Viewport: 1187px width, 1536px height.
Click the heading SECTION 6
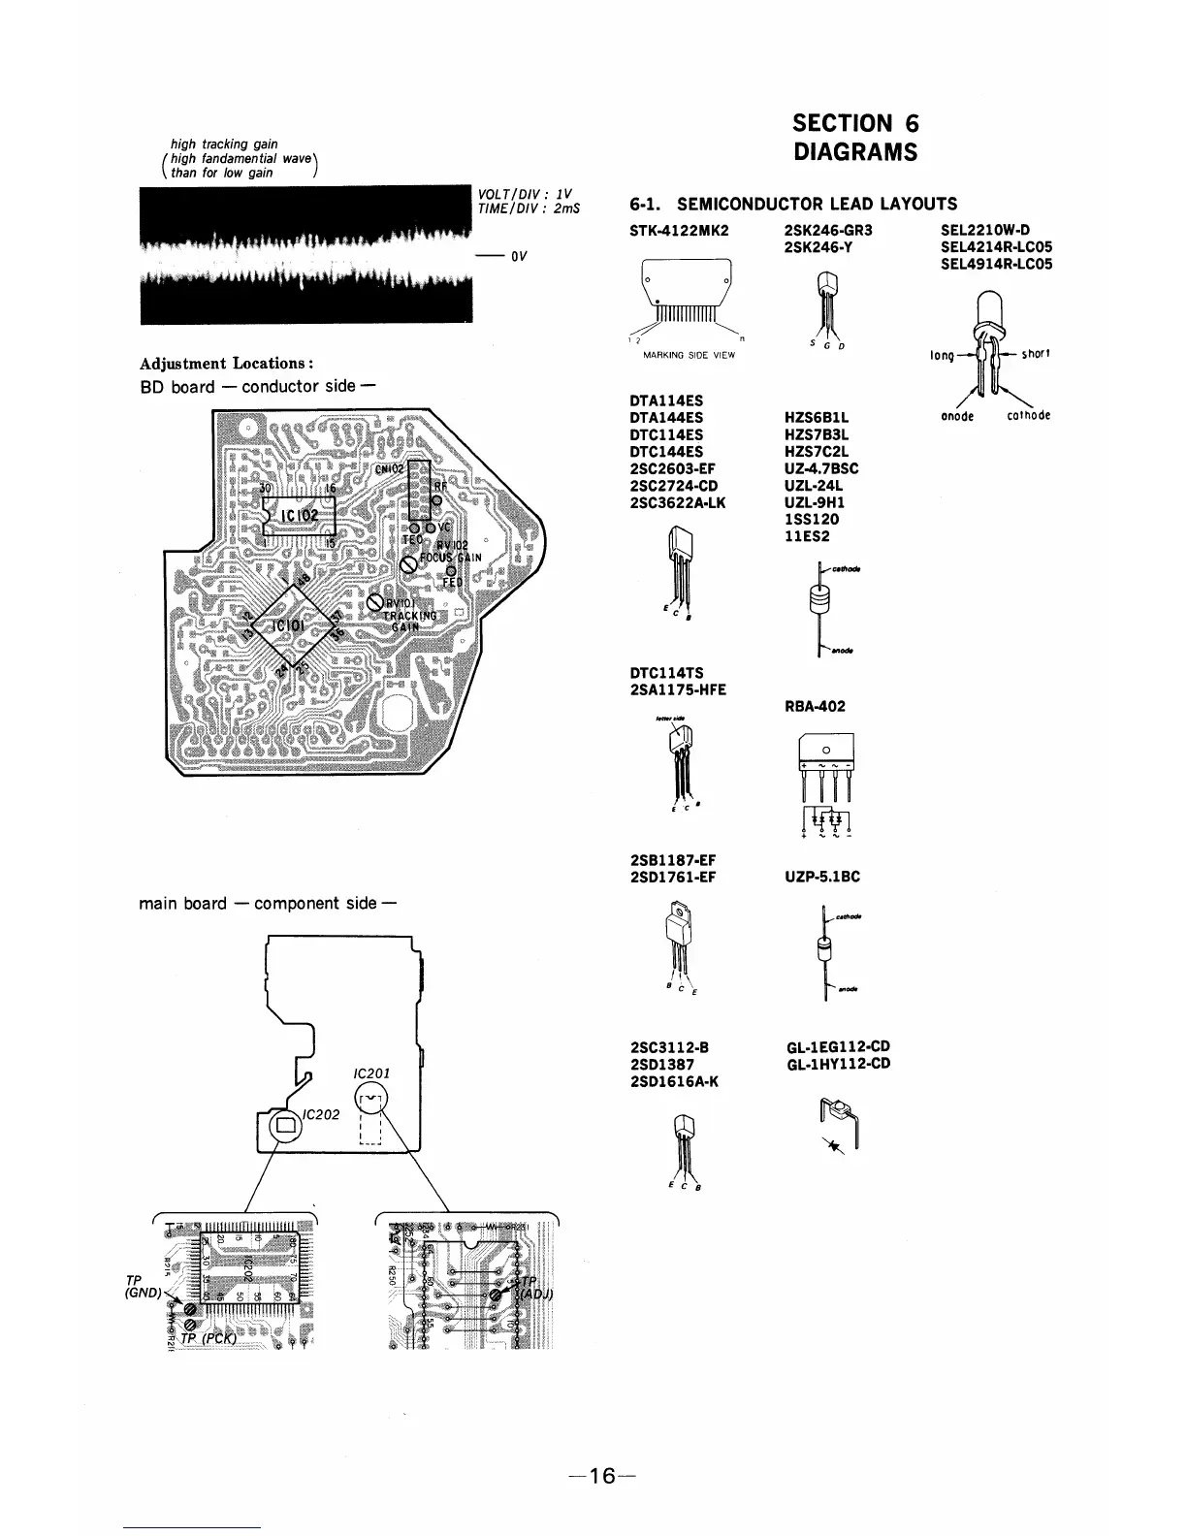point(854,124)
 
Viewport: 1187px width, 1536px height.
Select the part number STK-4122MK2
point(679,231)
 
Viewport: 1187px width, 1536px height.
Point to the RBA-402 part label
point(815,706)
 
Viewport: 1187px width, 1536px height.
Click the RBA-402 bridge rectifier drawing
point(824,781)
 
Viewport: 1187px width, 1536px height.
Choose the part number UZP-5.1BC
point(822,877)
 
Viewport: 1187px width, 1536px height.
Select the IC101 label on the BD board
point(290,625)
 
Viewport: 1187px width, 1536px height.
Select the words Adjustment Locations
point(226,364)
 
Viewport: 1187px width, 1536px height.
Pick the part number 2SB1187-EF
point(673,860)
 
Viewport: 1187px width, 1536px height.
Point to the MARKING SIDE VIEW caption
point(689,355)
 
